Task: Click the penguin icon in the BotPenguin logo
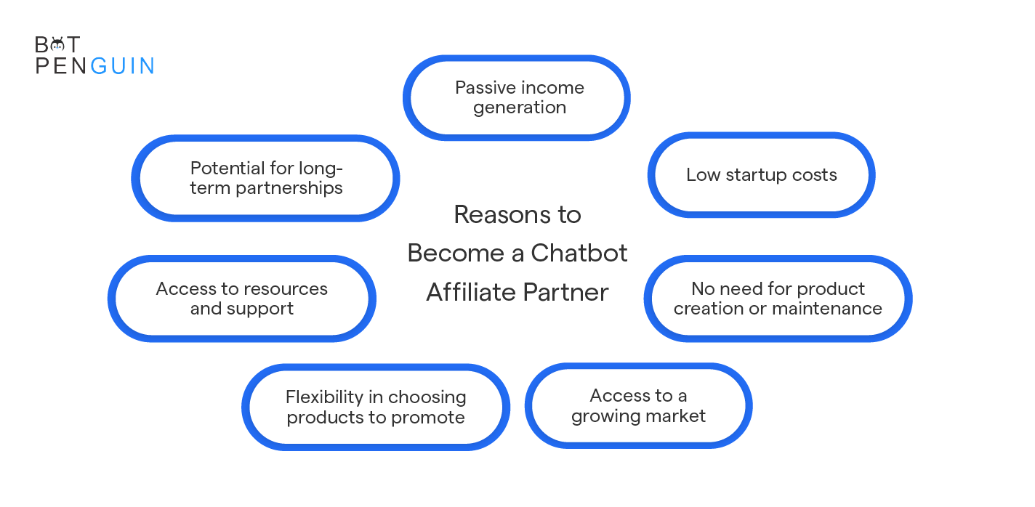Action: coord(57,45)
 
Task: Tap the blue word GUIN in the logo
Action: coord(122,66)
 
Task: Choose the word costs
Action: coord(814,175)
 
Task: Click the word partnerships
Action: coord(289,188)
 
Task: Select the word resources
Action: coord(285,289)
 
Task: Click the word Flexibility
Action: coord(324,397)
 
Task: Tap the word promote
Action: coord(428,418)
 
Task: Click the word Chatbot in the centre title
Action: coord(579,253)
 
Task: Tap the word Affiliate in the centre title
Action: coord(471,292)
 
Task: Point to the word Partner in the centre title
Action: coord(566,293)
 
